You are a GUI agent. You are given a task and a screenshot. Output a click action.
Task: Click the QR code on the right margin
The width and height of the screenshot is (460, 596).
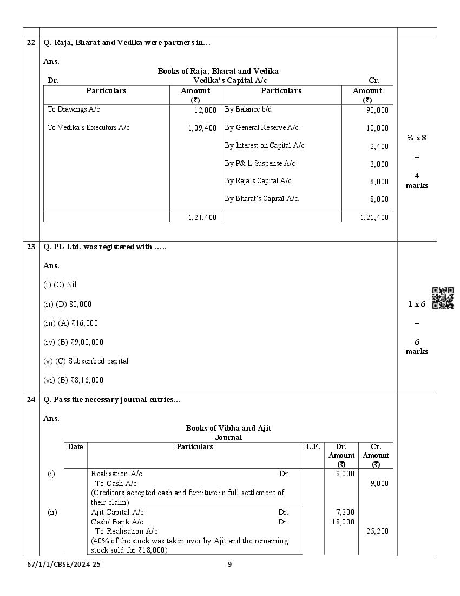(443, 298)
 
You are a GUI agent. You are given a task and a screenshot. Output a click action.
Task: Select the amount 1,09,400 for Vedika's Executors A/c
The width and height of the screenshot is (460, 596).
(202, 128)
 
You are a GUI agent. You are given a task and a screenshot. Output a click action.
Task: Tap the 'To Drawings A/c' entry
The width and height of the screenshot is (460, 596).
(74, 109)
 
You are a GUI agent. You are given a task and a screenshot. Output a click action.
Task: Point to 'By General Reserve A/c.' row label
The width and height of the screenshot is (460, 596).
(262, 128)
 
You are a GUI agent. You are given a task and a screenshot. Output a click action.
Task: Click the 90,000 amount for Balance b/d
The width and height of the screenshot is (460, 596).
(377, 110)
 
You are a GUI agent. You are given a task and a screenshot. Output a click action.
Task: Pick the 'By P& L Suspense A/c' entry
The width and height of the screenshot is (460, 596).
(260, 164)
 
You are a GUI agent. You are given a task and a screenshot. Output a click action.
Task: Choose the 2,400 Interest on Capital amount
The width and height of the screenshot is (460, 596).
(379, 146)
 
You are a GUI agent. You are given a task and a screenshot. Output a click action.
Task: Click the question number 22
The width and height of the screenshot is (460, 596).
(31, 43)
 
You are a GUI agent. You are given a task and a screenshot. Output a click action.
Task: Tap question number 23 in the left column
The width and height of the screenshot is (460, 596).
(31, 247)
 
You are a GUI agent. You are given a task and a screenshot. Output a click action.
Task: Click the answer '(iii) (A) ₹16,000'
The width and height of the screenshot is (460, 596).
(70, 323)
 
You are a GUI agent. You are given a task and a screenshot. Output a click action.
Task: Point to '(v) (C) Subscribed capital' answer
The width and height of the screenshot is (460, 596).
(86, 361)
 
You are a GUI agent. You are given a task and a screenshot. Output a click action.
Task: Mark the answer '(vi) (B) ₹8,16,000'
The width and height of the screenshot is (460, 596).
(73, 380)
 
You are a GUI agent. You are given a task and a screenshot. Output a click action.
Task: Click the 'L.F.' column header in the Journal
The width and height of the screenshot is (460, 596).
(313, 447)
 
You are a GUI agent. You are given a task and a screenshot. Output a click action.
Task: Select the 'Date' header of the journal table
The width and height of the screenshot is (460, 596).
(75, 447)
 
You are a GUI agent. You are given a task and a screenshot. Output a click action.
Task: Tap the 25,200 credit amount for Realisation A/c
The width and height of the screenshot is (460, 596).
(377, 532)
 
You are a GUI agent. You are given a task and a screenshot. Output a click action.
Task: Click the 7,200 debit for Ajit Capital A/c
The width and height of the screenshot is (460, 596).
(345, 513)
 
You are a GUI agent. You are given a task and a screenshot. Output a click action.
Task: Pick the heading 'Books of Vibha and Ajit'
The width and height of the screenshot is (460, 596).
(228, 428)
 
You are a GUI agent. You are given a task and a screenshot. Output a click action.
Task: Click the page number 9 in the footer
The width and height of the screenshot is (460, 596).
(229, 565)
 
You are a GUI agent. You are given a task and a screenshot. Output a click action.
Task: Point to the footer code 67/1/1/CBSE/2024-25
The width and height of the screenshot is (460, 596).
(64, 565)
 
